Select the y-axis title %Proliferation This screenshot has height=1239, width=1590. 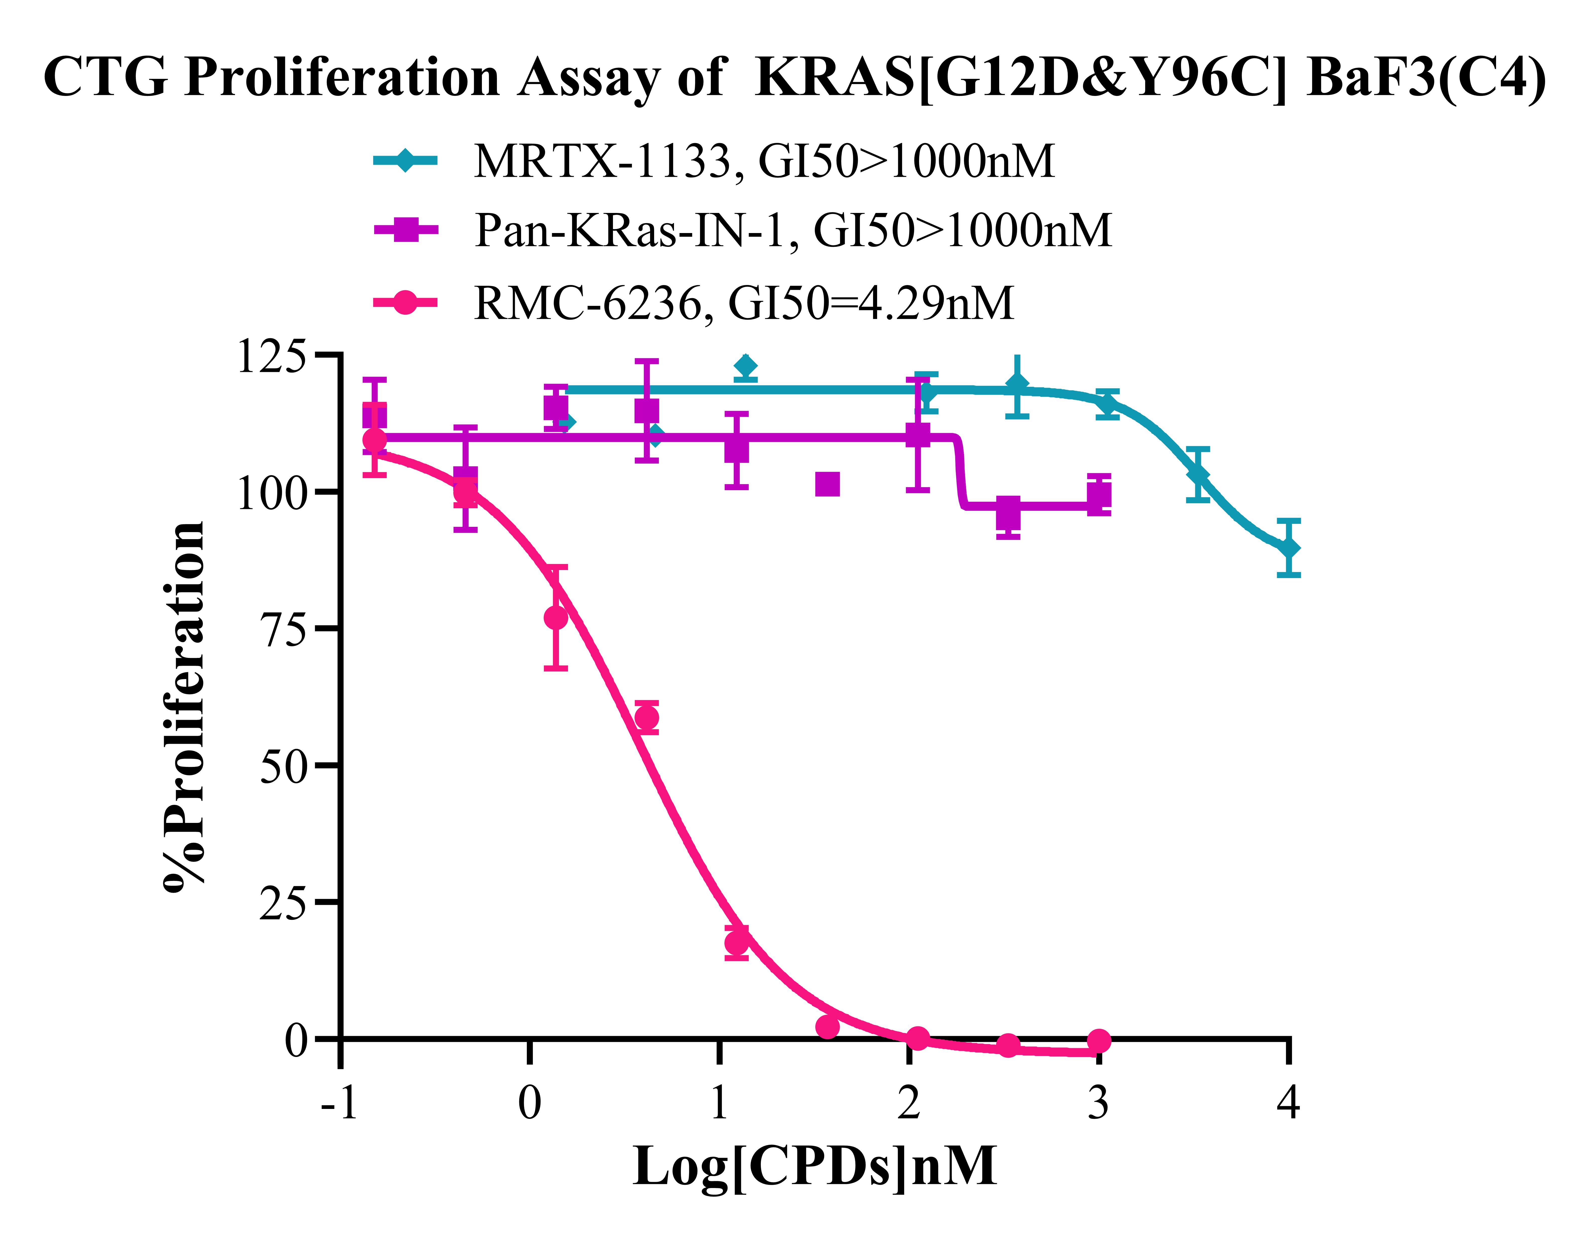(184, 706)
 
